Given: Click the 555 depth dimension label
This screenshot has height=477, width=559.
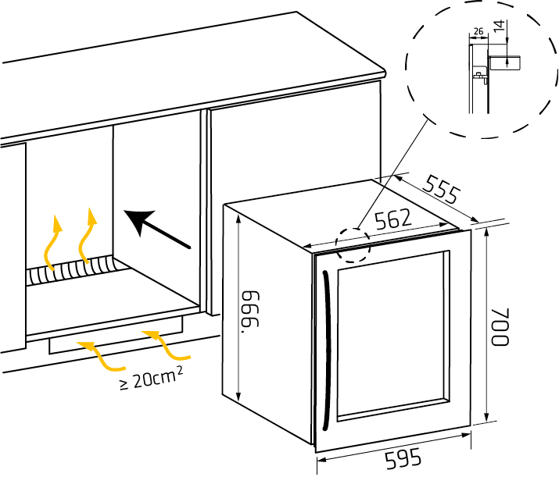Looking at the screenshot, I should pos(440,190).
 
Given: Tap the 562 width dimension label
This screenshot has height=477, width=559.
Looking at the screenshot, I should pos(393,220).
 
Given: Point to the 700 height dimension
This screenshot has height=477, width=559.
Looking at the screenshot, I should pos(501,327).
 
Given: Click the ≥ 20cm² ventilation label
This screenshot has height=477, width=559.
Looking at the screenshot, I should pos(152,380).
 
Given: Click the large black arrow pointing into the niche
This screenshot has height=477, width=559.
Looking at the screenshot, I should pos(156,230).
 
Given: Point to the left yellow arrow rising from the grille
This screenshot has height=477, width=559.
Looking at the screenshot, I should pos(52,242).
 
